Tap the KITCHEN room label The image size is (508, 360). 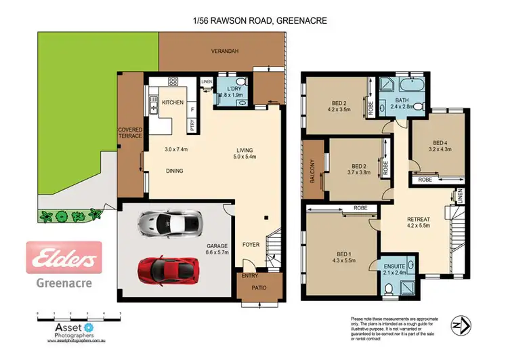tap(174, 102)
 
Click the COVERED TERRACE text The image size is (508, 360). tap(130, 132)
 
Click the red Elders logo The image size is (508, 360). tap(64, 258)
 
